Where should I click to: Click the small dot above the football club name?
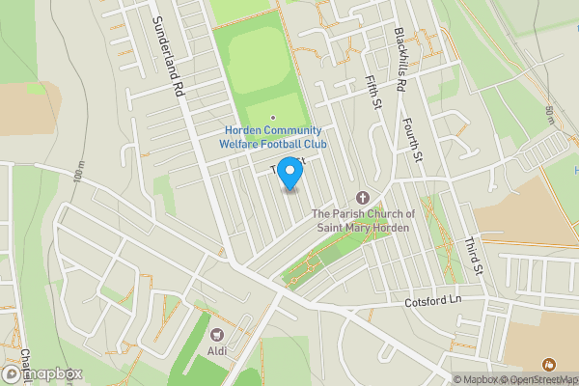tap(272, 118)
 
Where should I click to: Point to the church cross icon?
tap(363, 196)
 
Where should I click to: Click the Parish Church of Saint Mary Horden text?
tap(363, 220)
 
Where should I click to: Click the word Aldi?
tap(218, 350)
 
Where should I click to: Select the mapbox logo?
tap(42, 373)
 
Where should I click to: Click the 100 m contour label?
tap(78, 177)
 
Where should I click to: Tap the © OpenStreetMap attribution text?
tap(538, 379)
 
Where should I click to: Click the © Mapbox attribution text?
tap(475, 379)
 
